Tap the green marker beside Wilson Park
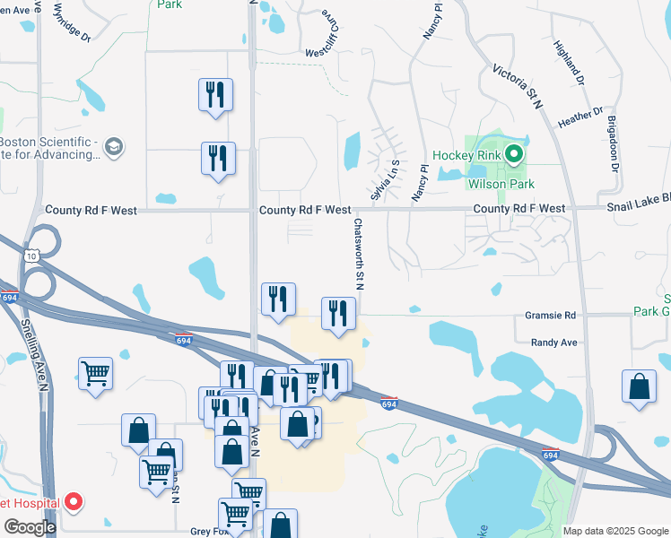coord(514,155)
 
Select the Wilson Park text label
coord(501,184)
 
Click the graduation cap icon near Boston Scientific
coord(114,145)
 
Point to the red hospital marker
coord(75,503)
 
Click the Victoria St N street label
coord(519,86)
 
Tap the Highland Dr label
coord(569,63)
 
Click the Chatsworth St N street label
coord(359,255)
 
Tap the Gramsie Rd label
coord(553,316)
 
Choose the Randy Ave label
coord(553,343)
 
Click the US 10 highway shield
coord(30,256)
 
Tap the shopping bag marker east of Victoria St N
coord(639,387)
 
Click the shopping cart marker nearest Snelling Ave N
coord(95,372)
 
